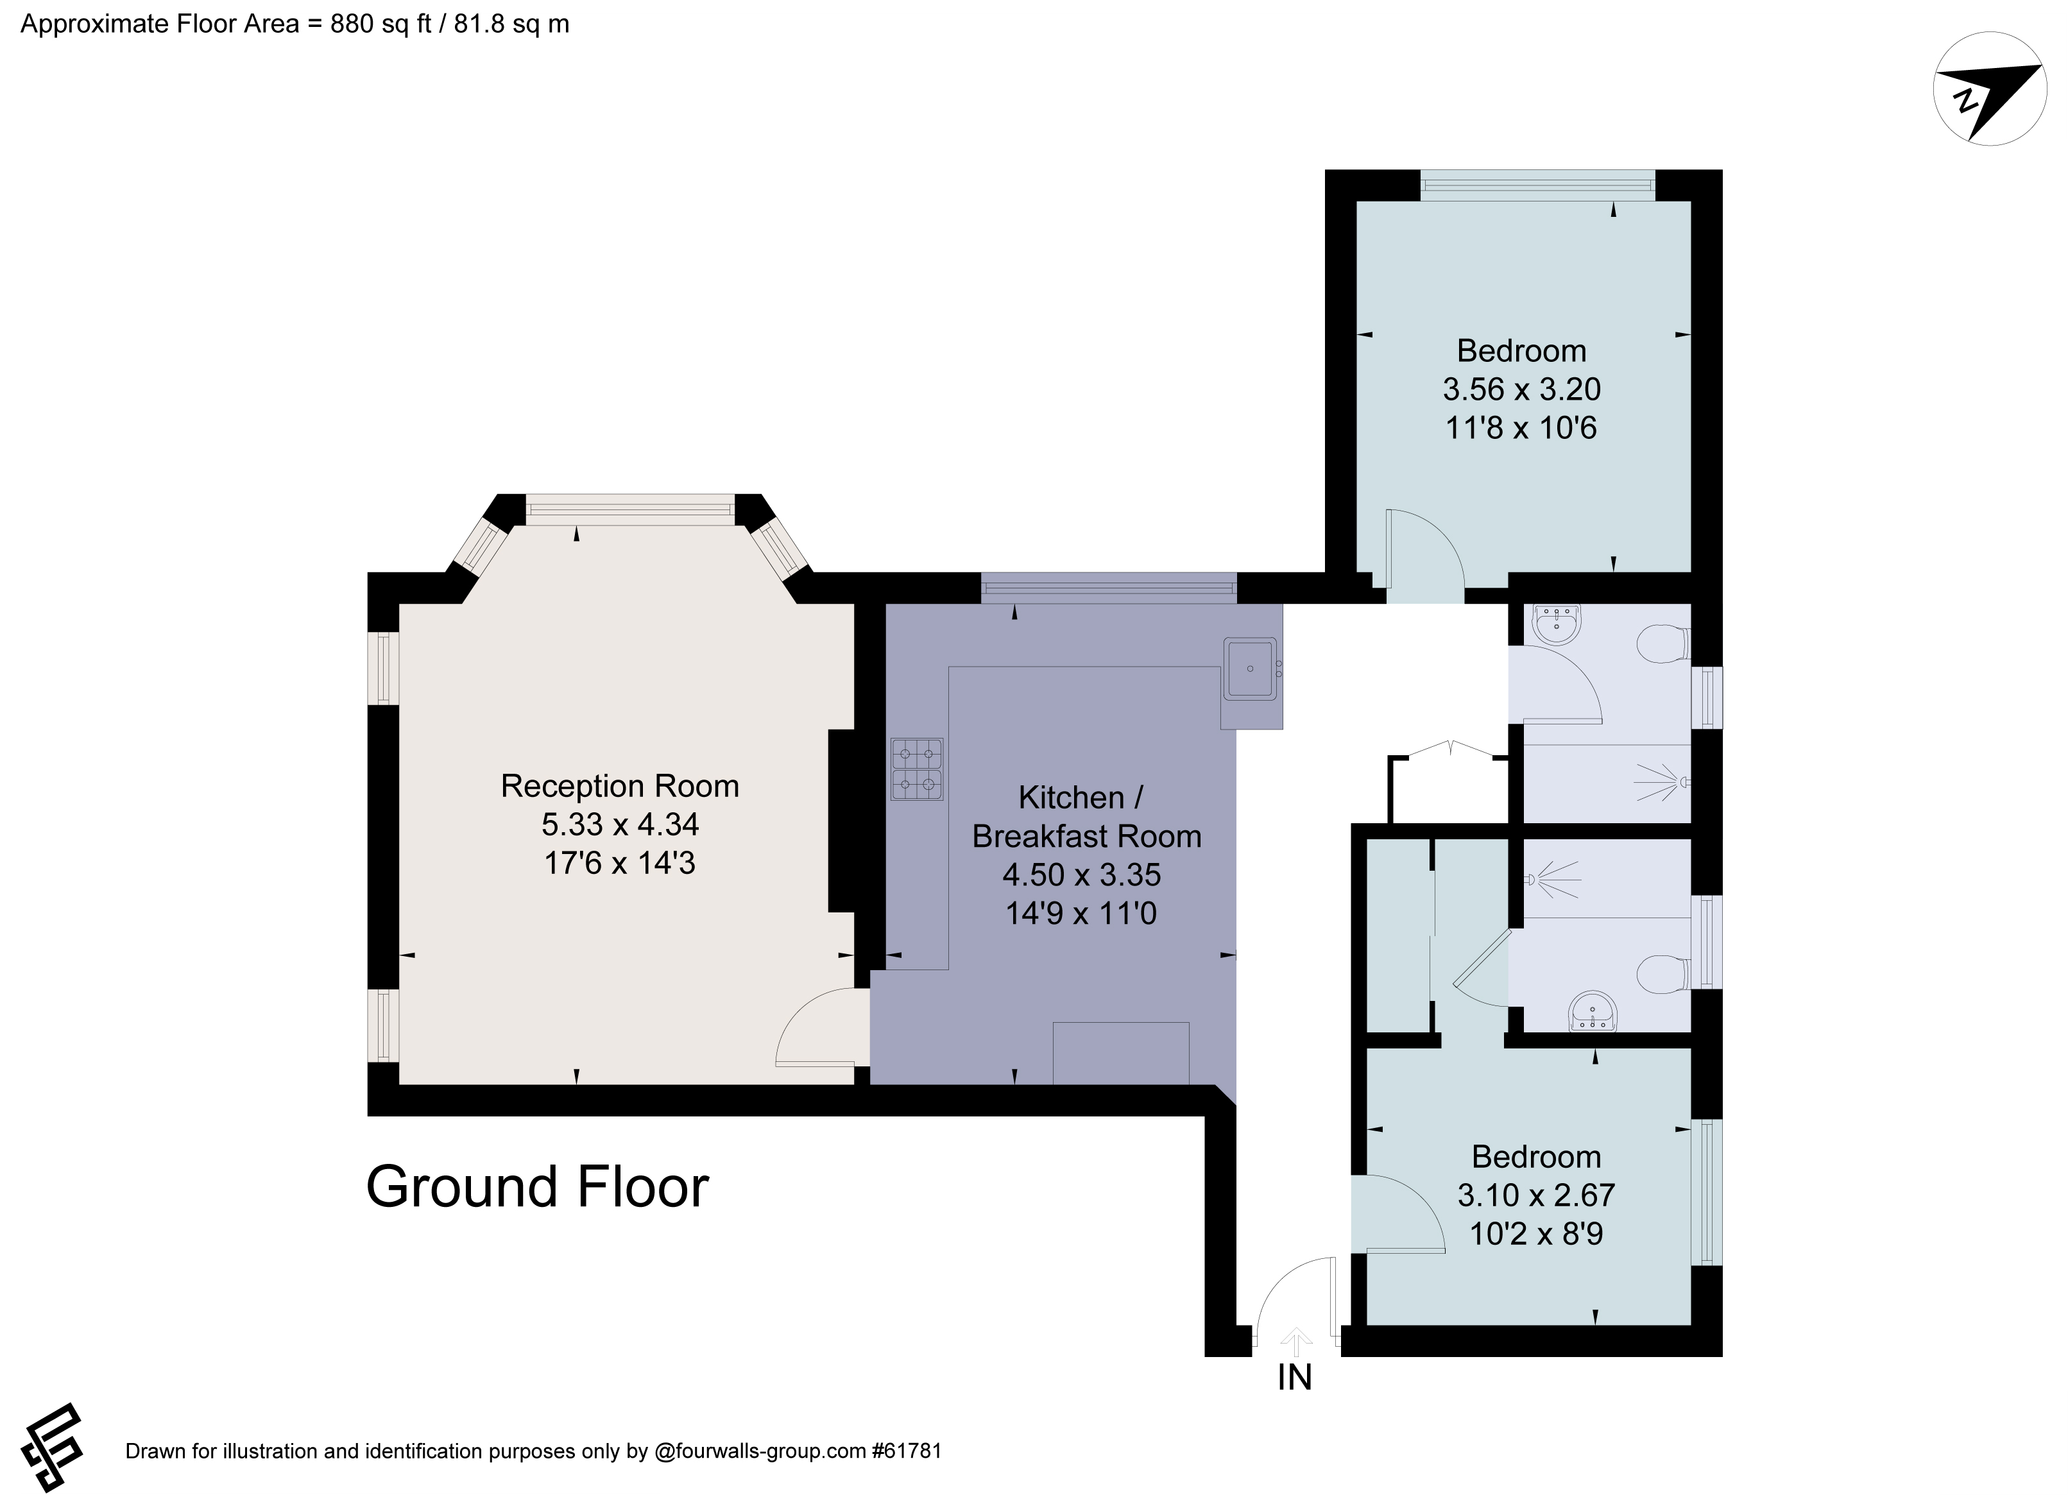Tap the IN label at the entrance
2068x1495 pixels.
[1295, 1378]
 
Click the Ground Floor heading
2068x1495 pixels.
[537, 1187]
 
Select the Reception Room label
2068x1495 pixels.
[619, 786]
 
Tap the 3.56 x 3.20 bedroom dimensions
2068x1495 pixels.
[1521, 389]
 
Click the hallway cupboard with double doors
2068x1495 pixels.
[1448, 786]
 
